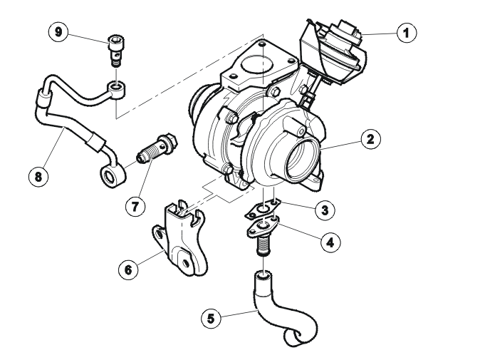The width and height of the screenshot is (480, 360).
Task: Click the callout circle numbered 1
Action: [x=407, y=33]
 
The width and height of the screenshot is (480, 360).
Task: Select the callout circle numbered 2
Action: [x=371, y=140]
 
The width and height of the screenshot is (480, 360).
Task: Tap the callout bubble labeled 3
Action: [x=325, y=210]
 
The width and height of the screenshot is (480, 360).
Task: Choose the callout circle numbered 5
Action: [x=212, y=319]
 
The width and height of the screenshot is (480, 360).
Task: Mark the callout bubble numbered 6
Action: [x=128, y=269]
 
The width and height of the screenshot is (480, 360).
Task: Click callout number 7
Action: [x=135, y=207]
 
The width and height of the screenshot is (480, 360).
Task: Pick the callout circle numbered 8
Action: [x=38, y=177]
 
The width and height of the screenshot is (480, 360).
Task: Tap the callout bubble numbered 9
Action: [x=58, y=32]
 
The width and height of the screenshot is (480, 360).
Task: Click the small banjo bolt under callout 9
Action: [x=116, y=51]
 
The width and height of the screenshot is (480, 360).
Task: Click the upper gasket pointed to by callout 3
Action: [x=262, y=210]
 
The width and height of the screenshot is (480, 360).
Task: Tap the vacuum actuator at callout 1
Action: [x=332, y=52]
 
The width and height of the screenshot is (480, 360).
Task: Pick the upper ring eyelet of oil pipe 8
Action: [x=117, y=90]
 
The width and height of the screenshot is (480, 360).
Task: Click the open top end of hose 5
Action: [x=263, y=275]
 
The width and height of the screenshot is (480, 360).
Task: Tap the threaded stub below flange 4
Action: [x=263, y=245]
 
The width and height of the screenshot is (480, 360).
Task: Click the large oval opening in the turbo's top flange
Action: [x=257, y=64]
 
